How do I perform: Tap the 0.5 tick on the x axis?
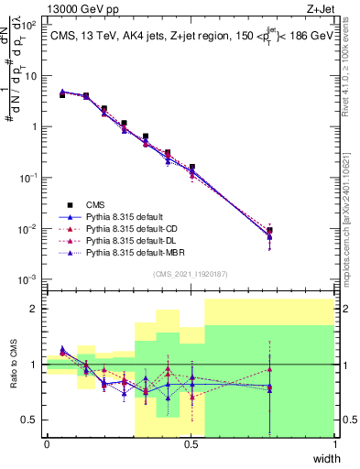pos(191,444)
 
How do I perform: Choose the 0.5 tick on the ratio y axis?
pos(32,420)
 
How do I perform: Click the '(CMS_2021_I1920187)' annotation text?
pos(190,273)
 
